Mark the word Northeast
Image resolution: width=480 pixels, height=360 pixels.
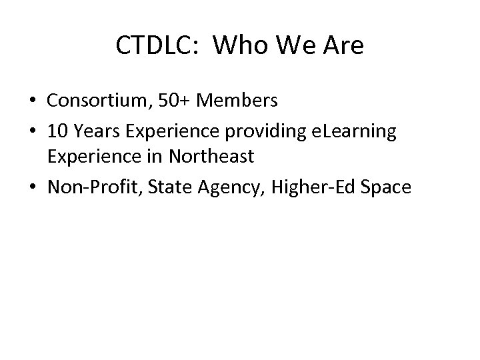[211, 156]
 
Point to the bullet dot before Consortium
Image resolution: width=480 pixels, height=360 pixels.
[33, 101]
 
